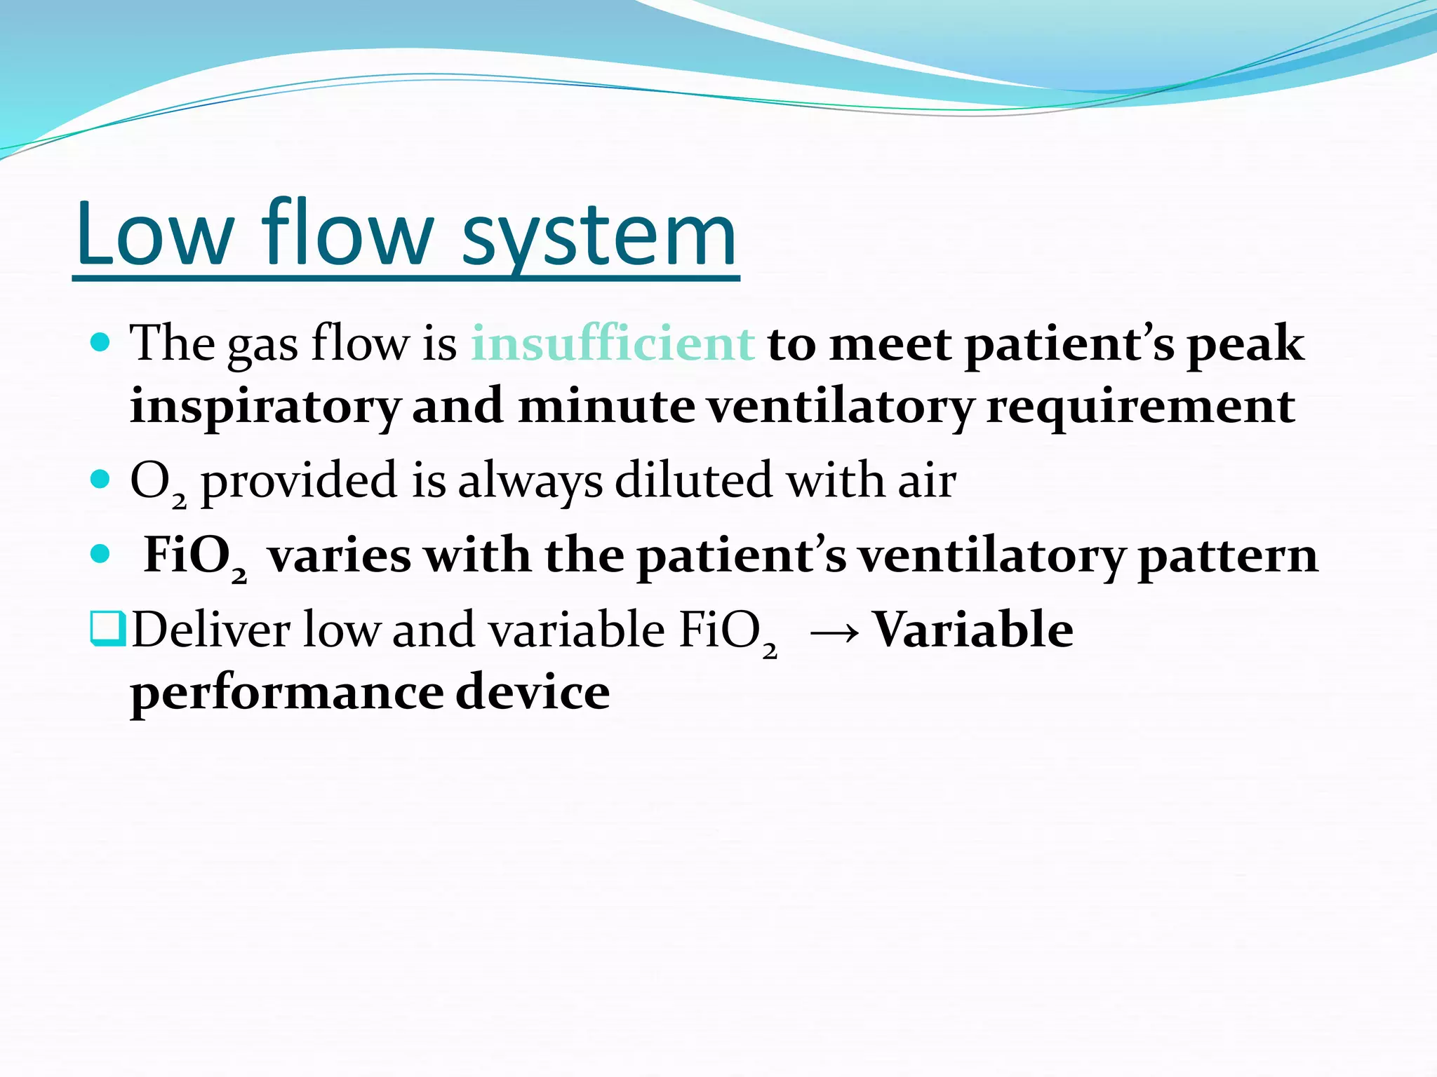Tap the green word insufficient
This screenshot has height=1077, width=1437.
coord(613,344)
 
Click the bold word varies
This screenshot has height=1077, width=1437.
coord(339,555)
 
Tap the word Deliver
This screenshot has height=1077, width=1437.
coord(210,630)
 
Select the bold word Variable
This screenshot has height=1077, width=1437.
coord(973,630)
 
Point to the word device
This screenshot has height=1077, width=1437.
coord(533,693)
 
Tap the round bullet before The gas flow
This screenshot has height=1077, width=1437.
coord(101,343)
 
